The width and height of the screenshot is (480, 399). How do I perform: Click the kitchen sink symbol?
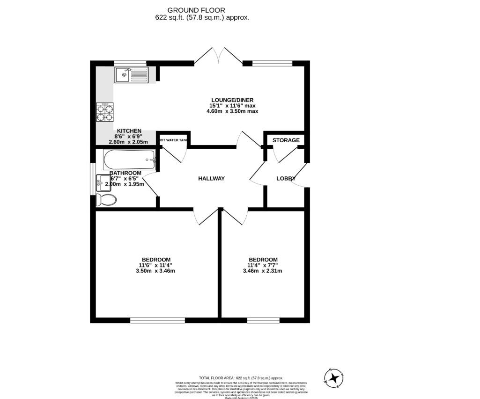(131, 75)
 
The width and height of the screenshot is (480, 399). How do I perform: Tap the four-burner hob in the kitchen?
(105, 112)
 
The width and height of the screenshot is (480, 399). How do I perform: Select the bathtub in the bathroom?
(129, 160)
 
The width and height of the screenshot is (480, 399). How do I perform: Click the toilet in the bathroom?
(106, 200)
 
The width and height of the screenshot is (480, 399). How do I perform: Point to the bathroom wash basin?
(103, 183)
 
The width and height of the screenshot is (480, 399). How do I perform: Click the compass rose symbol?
(334, 377)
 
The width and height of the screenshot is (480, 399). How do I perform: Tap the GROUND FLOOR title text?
(196, 10)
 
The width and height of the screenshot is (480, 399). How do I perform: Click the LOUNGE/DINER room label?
(232, 100)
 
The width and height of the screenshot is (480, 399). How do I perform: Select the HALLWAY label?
(211, 178)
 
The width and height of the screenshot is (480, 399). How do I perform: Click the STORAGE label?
(286, 140)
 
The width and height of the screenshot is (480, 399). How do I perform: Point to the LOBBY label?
(286, 178)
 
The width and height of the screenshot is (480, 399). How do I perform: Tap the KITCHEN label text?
(129, 131)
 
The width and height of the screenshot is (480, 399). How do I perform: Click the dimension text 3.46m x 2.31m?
(262, 271)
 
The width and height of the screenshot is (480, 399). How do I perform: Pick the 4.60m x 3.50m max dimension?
(232, 111)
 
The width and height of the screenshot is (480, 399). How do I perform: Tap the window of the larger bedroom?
(158, 320)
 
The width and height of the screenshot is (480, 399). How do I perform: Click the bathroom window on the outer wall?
(93, 178)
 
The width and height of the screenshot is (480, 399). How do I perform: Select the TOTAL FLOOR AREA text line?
(241, 378)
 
